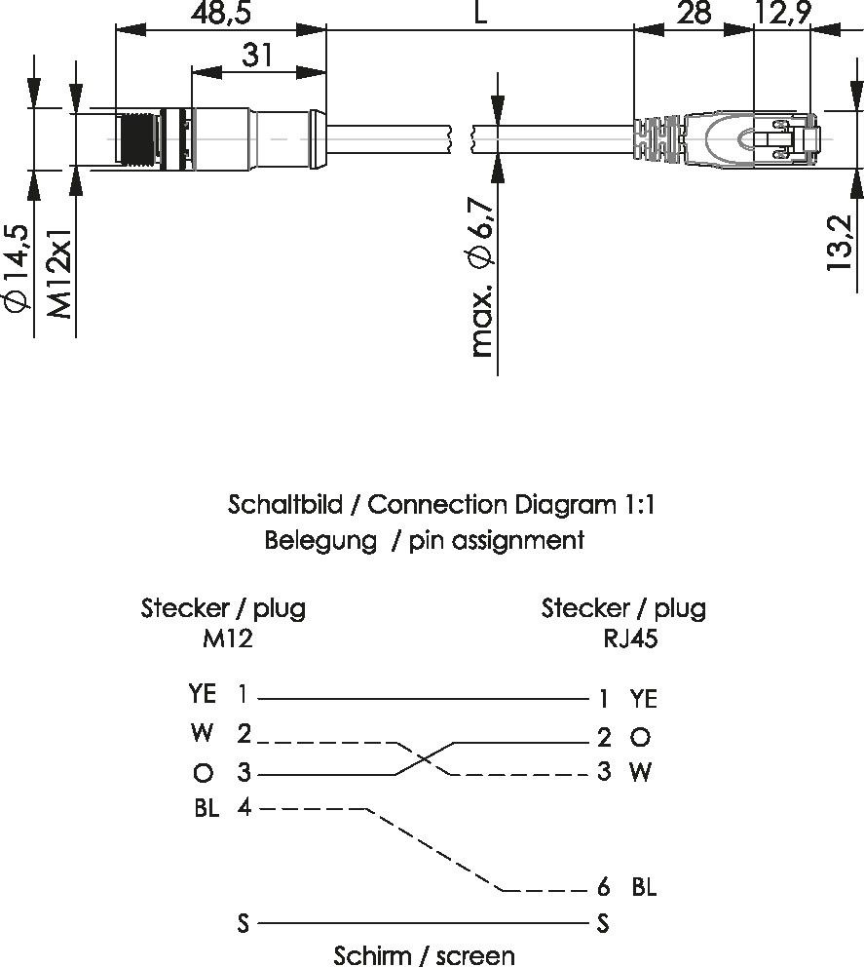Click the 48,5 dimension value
click(x=221, y=13)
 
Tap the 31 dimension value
click(x=257, y=57)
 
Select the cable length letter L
click(x=479, y=13)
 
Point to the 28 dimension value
click(x=694, y=13)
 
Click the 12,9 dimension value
click(x=782, y=13)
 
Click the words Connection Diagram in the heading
click(x=492, y=505)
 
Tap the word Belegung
click(x=319, y=540)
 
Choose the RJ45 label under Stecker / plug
click(x=623, y=638)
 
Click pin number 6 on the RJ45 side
click(x=604, y=887)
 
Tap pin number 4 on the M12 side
click(x=243, y=808)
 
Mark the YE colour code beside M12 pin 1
click(x=203, y=694)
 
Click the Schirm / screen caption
click(x=424, y=954)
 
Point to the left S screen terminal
click(x=243, y=922)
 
